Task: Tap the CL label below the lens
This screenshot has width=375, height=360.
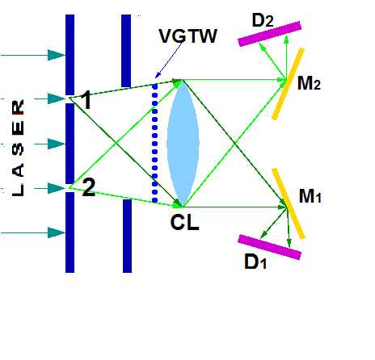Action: [184, 221]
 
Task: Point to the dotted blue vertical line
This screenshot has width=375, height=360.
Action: [154, 142]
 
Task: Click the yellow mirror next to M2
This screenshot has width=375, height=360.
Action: [288, 83]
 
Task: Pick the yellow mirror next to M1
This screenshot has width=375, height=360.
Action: [289, 203]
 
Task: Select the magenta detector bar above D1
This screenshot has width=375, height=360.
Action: [270, 246]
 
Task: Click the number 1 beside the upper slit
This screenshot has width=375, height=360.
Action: [86, 102]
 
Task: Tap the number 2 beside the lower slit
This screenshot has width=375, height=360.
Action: [88, 188]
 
